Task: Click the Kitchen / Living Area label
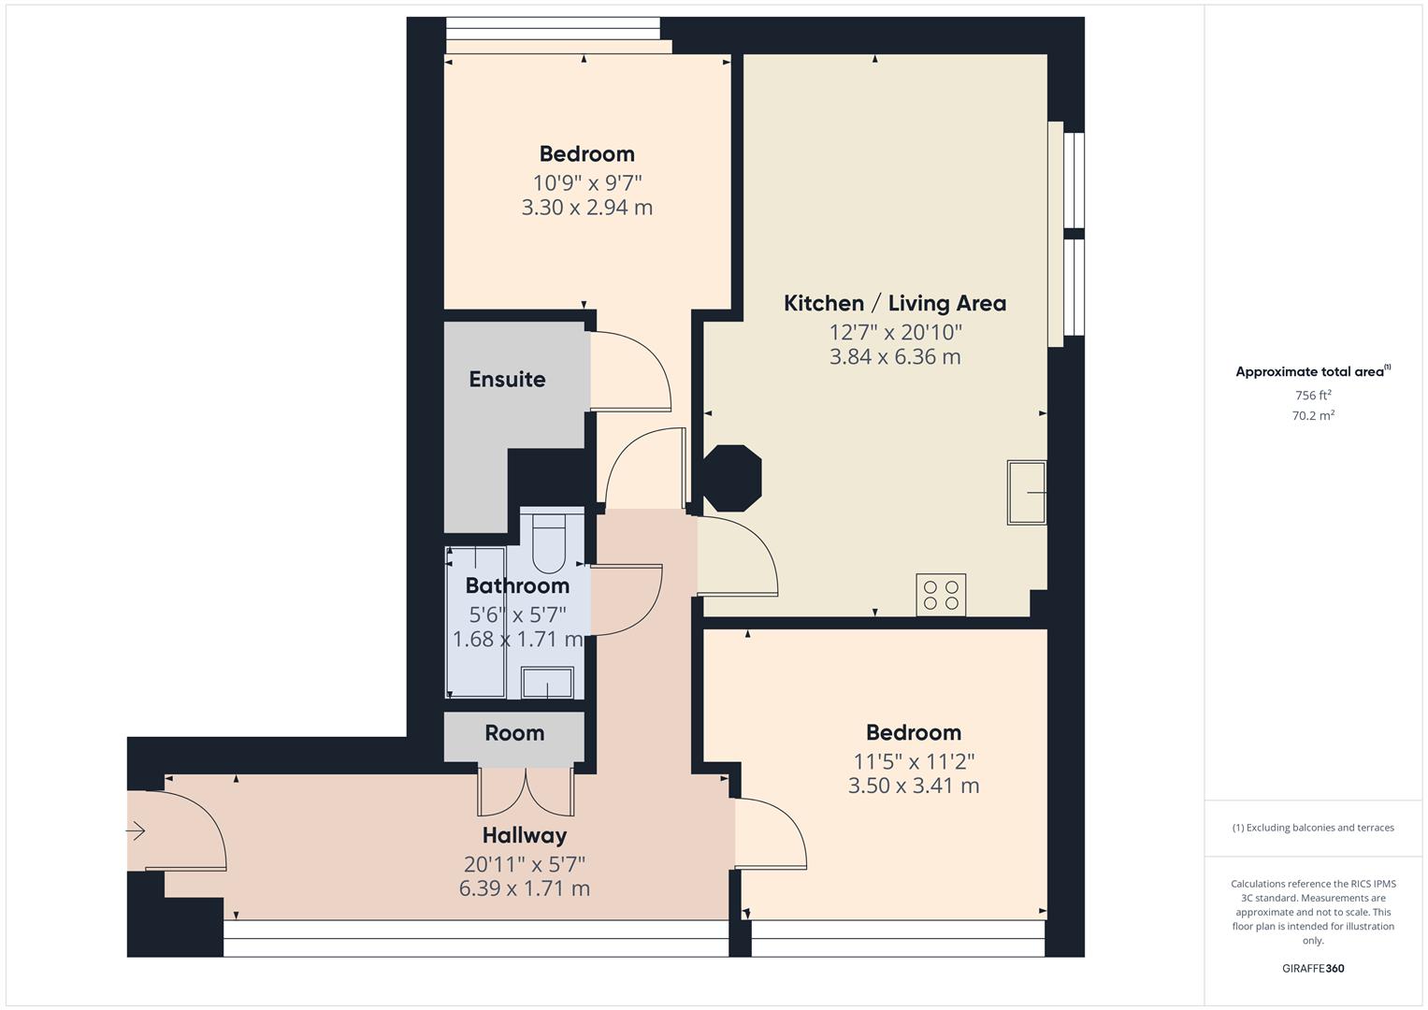[894, 303]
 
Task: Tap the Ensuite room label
[507, 379]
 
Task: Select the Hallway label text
[524, 834]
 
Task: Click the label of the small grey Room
[514, 732]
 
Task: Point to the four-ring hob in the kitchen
[941, 595]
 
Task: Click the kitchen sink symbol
[1026, 492]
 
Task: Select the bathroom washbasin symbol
[547, 683]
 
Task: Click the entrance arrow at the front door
[137, 830]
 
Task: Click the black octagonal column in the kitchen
[732, 478]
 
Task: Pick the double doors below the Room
[526, 791]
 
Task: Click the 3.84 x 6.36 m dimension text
[894, 356]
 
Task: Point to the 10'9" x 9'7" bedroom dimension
[587, 182]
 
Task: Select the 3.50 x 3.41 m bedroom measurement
[913, 786]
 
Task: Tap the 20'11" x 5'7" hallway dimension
[524, 863]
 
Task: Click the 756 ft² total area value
[1313, 396]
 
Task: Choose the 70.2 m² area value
[1313, 416]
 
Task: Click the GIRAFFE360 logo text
[1313, 968]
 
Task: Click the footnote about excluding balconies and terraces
[1313, 828]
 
